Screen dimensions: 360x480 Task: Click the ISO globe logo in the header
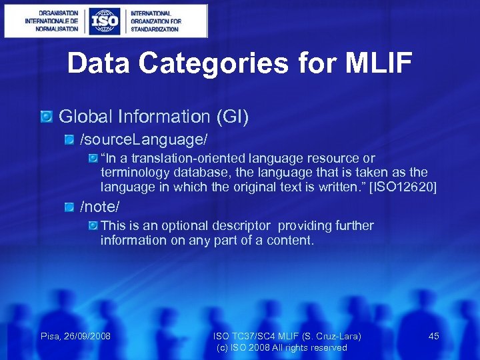click(x=105, y=21)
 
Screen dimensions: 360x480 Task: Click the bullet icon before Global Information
click(x=46, y=117)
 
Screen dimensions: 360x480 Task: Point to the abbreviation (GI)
click(x=232, y=117)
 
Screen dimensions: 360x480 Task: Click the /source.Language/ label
click(x=144, y=139)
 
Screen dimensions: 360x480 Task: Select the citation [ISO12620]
click(x=403, y=187)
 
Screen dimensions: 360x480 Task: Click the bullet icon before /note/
click(x=70, y=207)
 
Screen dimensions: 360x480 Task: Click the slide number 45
click(x=433, y=336)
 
